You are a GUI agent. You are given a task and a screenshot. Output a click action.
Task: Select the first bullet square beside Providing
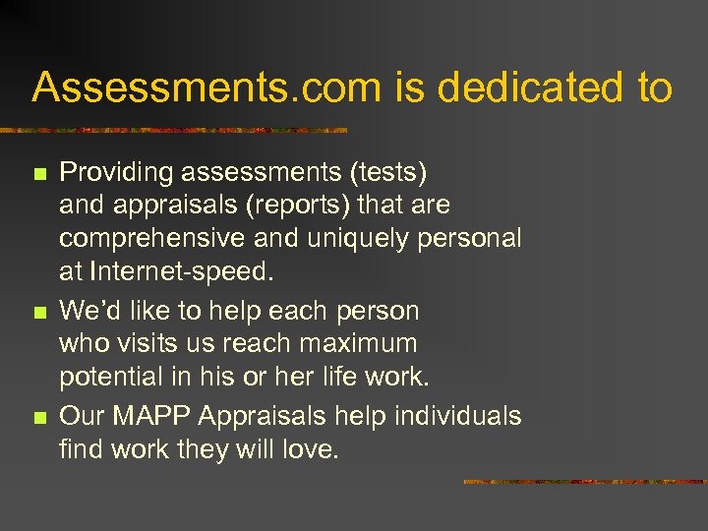coord(39,174)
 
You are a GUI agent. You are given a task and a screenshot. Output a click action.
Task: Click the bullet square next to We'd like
coord(39,313)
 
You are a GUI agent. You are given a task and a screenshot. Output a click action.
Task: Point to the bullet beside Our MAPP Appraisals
coord(39,418)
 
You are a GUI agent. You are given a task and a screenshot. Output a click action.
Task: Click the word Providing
coord(114,173)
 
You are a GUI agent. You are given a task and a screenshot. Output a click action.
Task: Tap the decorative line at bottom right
coord(584,482)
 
